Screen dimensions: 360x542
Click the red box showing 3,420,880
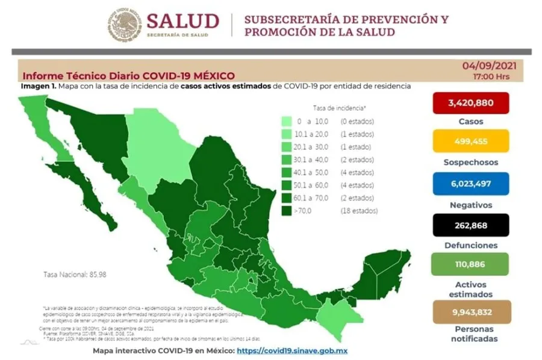point(470,103)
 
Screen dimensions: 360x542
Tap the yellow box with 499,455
point(470,142)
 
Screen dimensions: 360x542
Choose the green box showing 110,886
point(470,264)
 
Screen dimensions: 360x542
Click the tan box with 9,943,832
point(470,311)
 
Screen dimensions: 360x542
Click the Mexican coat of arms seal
point(125,25)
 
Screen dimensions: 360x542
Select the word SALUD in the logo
point(182,21)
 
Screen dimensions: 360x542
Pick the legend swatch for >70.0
point(288,211)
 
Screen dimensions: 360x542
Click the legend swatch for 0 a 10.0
point(288,122)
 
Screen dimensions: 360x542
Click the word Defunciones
point(470,246)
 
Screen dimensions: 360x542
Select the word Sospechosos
point(470,163)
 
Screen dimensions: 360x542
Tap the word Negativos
point(470,205)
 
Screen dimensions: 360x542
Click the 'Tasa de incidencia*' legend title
point(339,108)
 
